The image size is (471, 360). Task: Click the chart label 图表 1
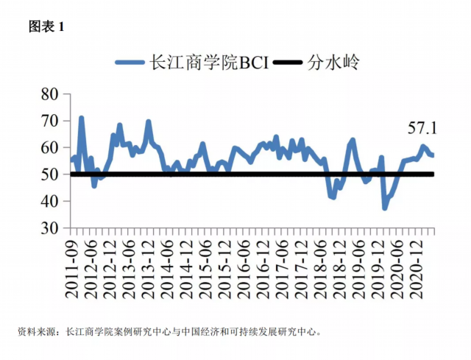pyautogui.click(x=46, y=27)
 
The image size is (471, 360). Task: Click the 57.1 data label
pyautogui.click(x=422, y=128)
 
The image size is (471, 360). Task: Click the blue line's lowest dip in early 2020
pyautogui.click(x=384, y=208)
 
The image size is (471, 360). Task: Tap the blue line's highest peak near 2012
pyautogui.click(x=81, y=118)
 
